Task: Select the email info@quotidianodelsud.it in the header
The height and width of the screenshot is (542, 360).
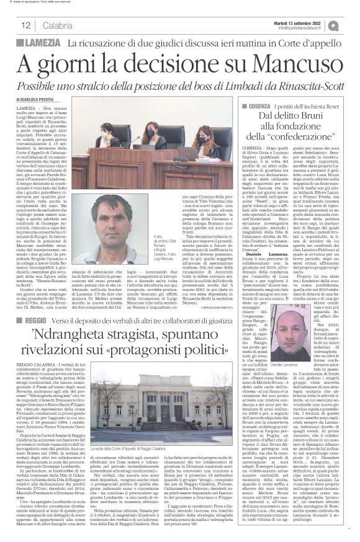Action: (308, 27)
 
